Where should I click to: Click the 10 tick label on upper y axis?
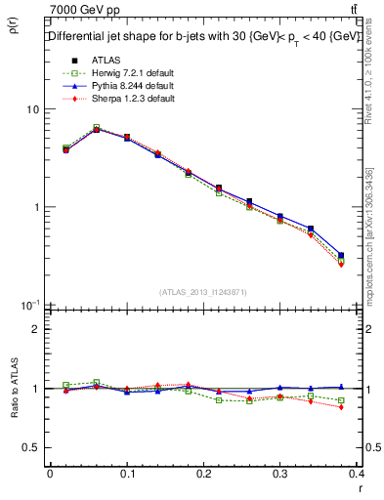point(32,109)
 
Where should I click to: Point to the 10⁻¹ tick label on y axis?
point(30,305)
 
